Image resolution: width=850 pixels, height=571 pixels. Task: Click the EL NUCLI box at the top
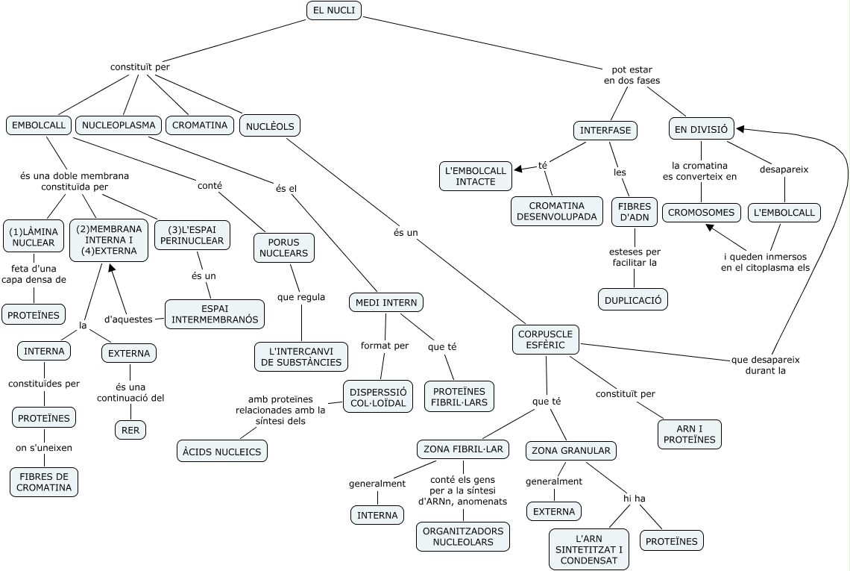(334, 11)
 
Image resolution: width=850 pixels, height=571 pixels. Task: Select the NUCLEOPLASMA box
(119, 125)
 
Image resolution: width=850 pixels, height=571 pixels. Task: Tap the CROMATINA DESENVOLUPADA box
(557, 211)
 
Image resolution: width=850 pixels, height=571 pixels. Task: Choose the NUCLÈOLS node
(270, 126)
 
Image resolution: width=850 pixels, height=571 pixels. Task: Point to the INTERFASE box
(605, 131)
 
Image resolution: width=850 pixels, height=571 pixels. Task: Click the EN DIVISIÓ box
(702, 130)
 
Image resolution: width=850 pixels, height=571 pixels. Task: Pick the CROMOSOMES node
(701, 212)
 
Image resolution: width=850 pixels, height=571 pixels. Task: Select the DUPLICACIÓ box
(633, 300)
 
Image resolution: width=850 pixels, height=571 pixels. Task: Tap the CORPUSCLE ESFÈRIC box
(545, 340)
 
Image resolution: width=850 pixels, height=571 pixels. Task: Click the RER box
(130, 431)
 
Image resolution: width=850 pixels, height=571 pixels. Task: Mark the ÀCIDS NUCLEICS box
(222, 452)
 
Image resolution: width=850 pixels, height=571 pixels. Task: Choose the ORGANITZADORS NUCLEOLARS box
(463, 536)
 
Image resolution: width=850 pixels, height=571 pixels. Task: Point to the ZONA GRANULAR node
(571, 451)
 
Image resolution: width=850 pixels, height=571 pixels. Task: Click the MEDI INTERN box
(386, 302)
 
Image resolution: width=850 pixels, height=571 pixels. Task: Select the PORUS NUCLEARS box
(283, 248)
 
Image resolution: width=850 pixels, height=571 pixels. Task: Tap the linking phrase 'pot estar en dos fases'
(632, 75)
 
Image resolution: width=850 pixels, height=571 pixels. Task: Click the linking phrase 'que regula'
(301, 297)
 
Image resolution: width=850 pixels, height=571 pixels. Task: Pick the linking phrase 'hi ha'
(635, 499)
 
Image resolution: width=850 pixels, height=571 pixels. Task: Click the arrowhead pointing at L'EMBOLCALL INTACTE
(518, 169)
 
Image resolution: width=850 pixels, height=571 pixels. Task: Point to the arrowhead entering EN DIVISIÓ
(740, 129)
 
